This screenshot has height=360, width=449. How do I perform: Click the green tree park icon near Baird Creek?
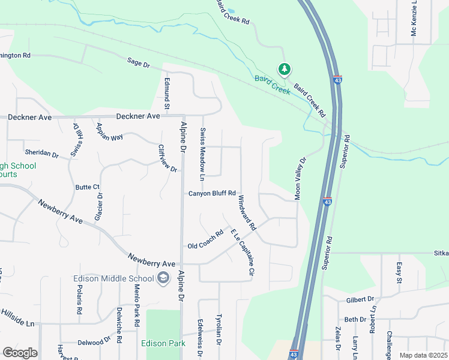point(284,70)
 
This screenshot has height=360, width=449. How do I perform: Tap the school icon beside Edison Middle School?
point(163,278)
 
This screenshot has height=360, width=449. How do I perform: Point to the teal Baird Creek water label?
point(272,85)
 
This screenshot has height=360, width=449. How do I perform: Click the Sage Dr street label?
point(137,62)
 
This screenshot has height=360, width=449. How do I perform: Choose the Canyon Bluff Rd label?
point(212,193)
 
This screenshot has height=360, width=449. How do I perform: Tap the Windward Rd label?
point(247,213)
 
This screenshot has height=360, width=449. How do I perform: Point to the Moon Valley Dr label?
point(300,179)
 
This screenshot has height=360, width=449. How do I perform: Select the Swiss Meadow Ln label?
point(202,154)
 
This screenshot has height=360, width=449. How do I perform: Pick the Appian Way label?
point(110,133)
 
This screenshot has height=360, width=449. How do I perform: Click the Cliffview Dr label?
point(167,158)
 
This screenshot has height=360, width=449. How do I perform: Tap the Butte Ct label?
point(87,187)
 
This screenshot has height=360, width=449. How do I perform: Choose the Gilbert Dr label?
point(360,299)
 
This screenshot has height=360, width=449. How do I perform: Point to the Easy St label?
point(399,272)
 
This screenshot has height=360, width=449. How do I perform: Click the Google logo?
point(20,353)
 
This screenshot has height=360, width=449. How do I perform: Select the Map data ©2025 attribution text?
point(423,355)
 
